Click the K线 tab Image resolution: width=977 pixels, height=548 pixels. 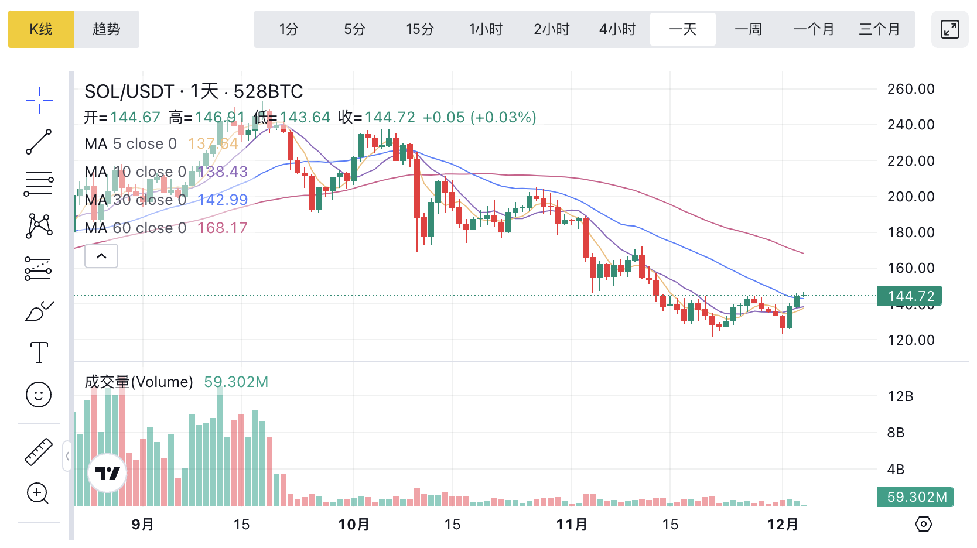[41, 29]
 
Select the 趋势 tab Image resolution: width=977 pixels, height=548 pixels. [107, 29]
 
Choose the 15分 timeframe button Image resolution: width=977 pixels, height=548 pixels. [420, 29]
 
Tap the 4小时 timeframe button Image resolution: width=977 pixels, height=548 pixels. [617, 29]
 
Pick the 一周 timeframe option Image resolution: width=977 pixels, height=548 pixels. [748, 29]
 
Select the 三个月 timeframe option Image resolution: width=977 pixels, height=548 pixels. [879, 29]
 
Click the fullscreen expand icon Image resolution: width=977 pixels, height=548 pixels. [949, 29]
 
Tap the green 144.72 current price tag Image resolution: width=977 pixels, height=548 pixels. [910, 296]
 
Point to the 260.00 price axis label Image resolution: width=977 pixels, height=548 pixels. [911, 89]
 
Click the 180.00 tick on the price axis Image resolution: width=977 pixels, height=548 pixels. [911, 232]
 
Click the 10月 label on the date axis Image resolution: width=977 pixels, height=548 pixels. [354, 525]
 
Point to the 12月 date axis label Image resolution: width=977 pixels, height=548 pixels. [783, 525]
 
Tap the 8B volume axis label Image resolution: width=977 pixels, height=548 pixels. [896, 433]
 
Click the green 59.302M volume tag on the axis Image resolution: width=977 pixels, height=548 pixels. [915, 497]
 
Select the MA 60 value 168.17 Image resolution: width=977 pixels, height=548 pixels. [223, 228]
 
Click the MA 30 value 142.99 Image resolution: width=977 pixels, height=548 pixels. [223, 200]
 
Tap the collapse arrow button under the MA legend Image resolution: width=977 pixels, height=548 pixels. [101, 256]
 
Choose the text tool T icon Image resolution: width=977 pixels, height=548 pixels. [39, 352]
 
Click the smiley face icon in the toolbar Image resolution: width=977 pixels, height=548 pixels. [39, 395]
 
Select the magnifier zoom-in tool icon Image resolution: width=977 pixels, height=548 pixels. [38, 494]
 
